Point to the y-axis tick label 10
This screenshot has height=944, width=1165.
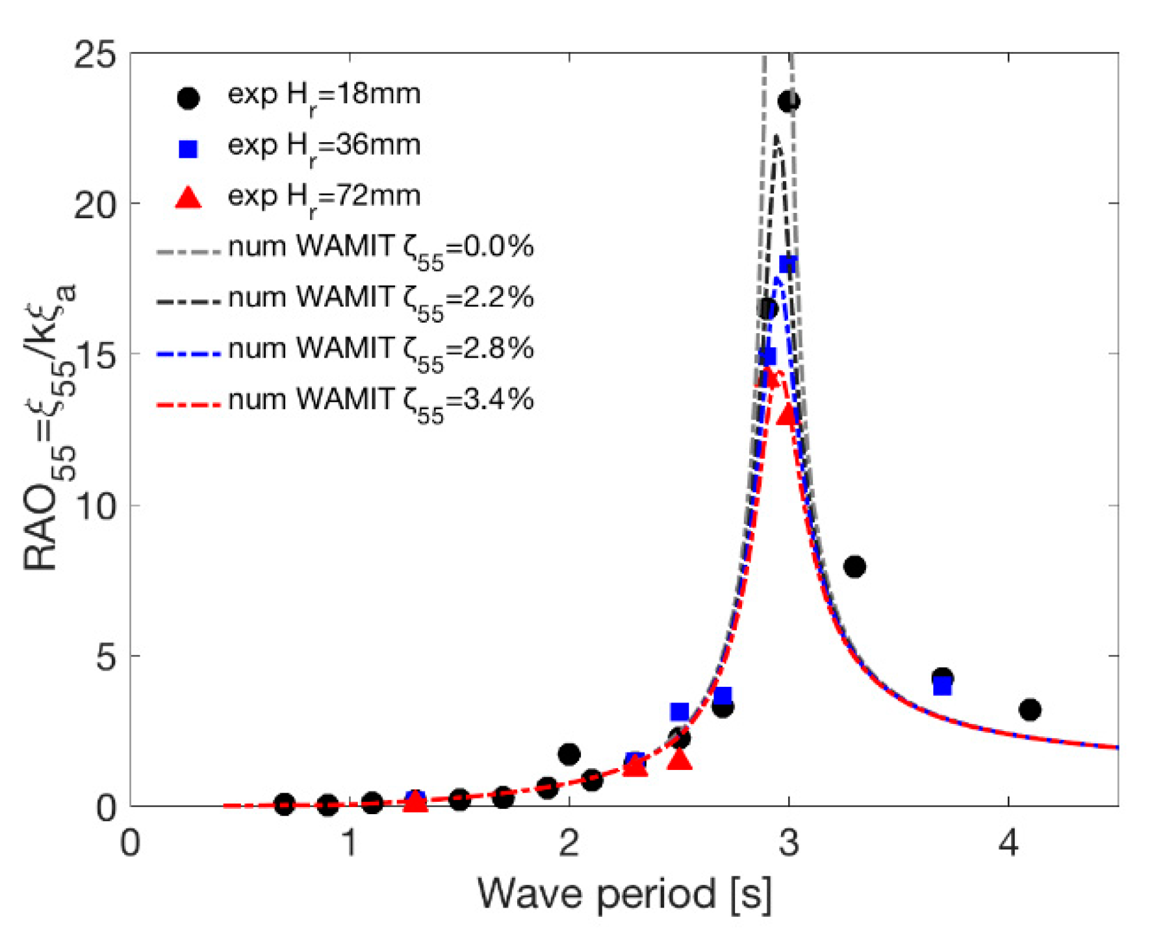tap(96, 505)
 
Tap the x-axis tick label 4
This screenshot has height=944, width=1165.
tap(1008, 843)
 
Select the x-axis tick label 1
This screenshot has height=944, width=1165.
tap(350, 843)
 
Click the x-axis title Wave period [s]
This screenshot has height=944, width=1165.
tap(624, 894)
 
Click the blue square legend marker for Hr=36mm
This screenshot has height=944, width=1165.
tap(188, 149)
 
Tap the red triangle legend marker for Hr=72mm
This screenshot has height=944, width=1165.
tap(188, 197)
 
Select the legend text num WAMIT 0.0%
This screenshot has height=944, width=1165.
tap(381, 247)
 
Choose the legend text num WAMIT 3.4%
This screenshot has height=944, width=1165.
tap(381, 400)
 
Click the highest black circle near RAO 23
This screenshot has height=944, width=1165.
tap(789, 101)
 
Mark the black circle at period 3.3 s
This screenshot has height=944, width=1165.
tap(854, 567)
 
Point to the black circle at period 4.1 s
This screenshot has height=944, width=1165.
tap(1030, 710)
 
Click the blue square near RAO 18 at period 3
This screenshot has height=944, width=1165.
tap(788, 264)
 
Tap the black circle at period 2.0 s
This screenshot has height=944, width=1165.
tap(569, 754)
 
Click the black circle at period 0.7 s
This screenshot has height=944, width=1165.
tap(284, 804)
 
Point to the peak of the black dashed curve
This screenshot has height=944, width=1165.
tap(776, 136)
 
